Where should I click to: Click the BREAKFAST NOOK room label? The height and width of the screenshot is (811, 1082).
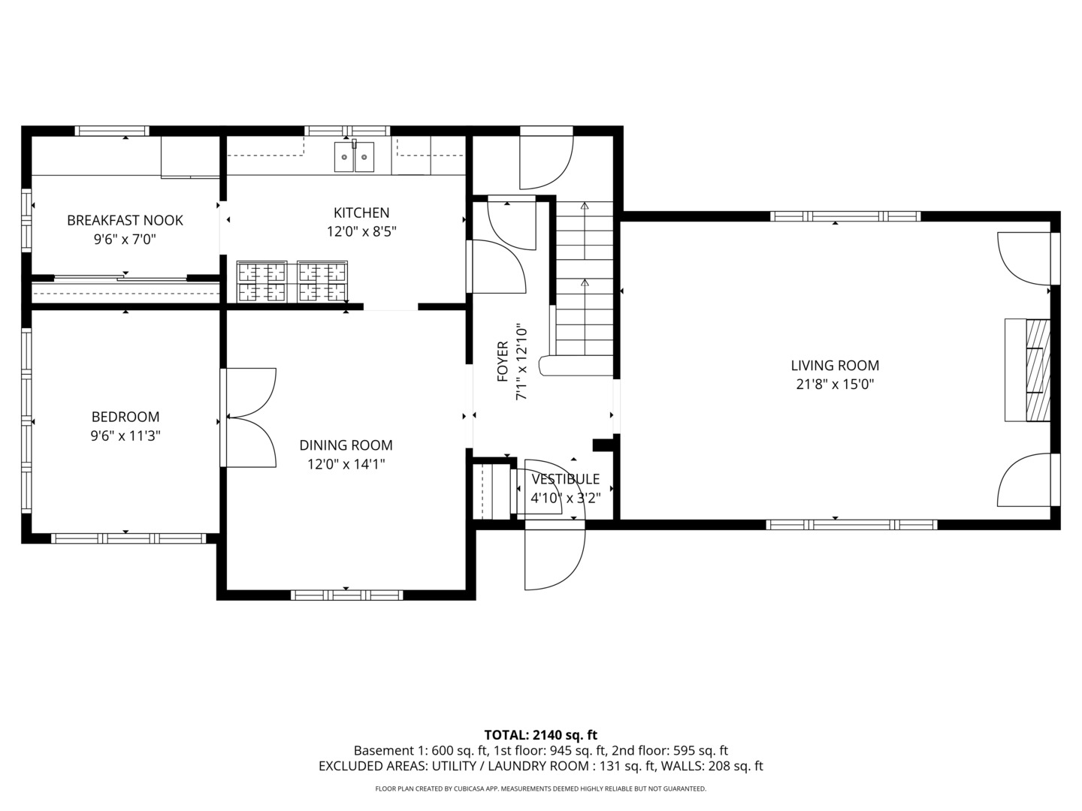coord(125,220)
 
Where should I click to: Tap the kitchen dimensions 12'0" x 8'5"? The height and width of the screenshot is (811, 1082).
coord(361,231)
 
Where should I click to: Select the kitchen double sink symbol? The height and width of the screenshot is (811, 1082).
coord(355,157)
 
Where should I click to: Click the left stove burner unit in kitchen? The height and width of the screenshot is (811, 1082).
coord(261,282)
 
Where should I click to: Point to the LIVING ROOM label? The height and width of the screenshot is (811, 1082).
coord(834,366)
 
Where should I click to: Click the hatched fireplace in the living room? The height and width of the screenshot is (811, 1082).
coord(1037,369)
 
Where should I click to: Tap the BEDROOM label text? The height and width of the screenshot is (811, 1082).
coord(125,417)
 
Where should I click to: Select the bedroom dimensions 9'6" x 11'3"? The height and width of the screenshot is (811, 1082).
coord(125,436)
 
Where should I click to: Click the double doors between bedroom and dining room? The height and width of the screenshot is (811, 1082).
coord(249,418)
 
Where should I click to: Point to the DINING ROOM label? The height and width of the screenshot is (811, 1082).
coord(346,445)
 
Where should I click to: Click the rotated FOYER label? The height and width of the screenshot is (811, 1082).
coord(503,361)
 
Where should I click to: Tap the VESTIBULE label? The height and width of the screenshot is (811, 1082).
coord(565,479)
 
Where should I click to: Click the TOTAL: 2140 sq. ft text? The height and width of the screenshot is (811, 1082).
coord(540,735)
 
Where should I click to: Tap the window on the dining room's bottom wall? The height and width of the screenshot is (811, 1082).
coord(346,595)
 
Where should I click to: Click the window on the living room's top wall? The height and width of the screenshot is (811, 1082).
coord(845,216)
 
